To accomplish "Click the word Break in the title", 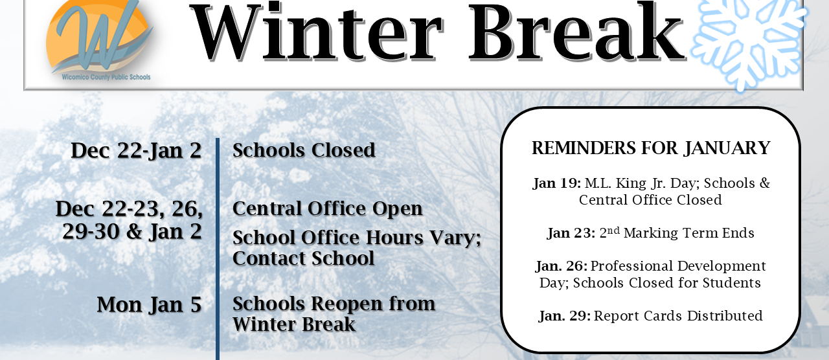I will coord(577,32).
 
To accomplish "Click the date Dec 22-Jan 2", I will coord(136,150).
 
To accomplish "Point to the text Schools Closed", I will coord(304,150).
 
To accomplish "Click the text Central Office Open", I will coord(327,208).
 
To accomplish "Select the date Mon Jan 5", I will coord(150,304).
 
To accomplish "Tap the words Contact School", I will coord(303,258).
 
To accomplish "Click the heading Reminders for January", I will coord(651,148).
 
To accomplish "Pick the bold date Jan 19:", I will coord(557,183).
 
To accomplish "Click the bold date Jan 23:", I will coord(571,233).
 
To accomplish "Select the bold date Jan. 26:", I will coord(562,266).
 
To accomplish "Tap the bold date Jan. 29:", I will coord(564,316).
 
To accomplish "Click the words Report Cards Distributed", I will coord(678,316).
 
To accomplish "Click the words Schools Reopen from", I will coord(334,304).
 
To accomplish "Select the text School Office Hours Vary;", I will coord(357,238).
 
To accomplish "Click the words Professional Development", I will coord(678,266).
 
